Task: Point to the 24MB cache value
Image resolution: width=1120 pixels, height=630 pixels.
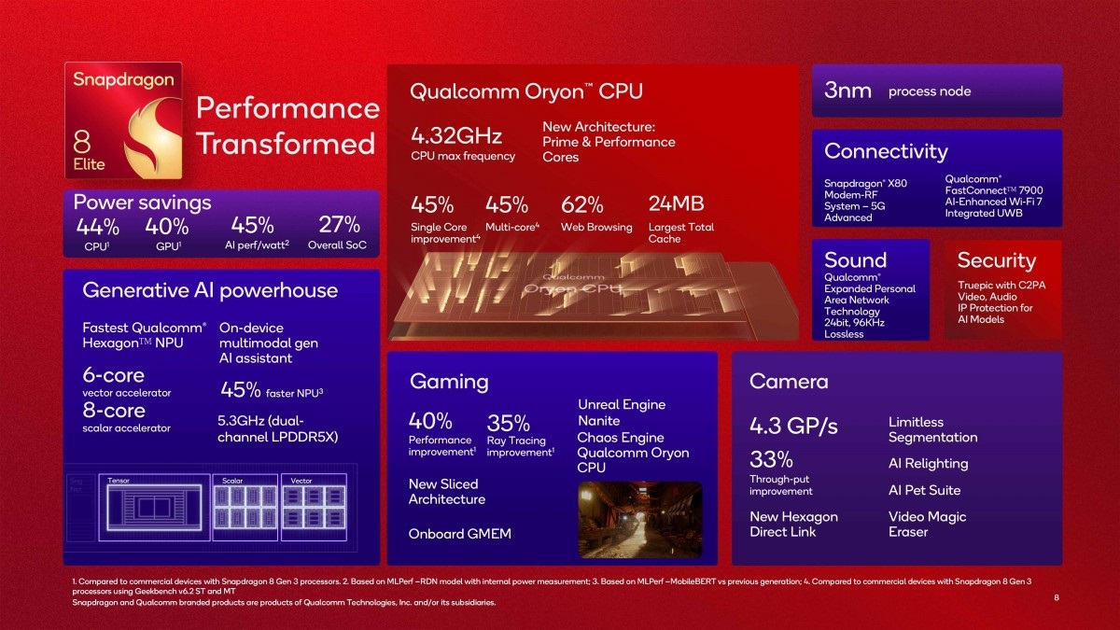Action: tap(676, 204)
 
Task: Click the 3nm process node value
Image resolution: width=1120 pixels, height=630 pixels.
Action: tap(847, 91)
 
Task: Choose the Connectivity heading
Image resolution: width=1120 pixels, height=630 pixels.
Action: tap(885, 151)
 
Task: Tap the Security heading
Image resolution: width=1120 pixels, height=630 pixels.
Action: tap(996, 260)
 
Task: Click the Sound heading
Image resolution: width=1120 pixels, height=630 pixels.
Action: tap(855, 260)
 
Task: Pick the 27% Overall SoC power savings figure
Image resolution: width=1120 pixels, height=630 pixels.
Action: tap(339, 225)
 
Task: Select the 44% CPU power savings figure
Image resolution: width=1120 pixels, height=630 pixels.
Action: tap(98, 226)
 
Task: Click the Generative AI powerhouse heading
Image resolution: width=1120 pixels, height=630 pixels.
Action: tap(210, 290)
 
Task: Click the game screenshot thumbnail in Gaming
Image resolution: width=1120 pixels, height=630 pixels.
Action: tap(640, 519)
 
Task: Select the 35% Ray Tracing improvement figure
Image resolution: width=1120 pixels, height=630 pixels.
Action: tap(508, 423)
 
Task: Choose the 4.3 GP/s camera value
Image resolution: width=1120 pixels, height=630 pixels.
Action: tap(793, 427)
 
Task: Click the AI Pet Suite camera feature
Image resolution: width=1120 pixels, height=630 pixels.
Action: tap(924, 490)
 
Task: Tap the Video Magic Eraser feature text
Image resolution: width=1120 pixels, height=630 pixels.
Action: tap(927, 524)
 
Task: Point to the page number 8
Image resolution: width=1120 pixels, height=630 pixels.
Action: tap(1057, 596)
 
